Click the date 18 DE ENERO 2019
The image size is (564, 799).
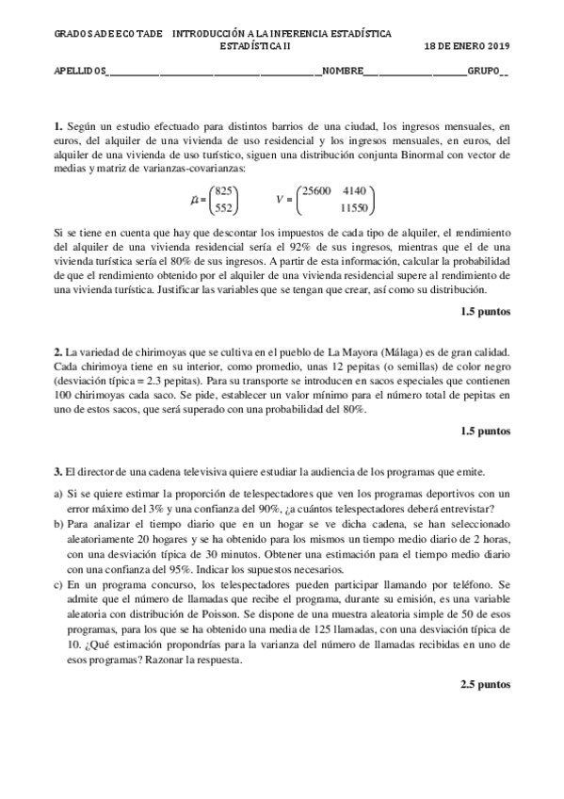[467, 44]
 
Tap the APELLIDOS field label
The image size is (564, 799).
[79, 71]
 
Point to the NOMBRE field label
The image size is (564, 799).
[342, 71]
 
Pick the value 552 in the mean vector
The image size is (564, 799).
[224, 207]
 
